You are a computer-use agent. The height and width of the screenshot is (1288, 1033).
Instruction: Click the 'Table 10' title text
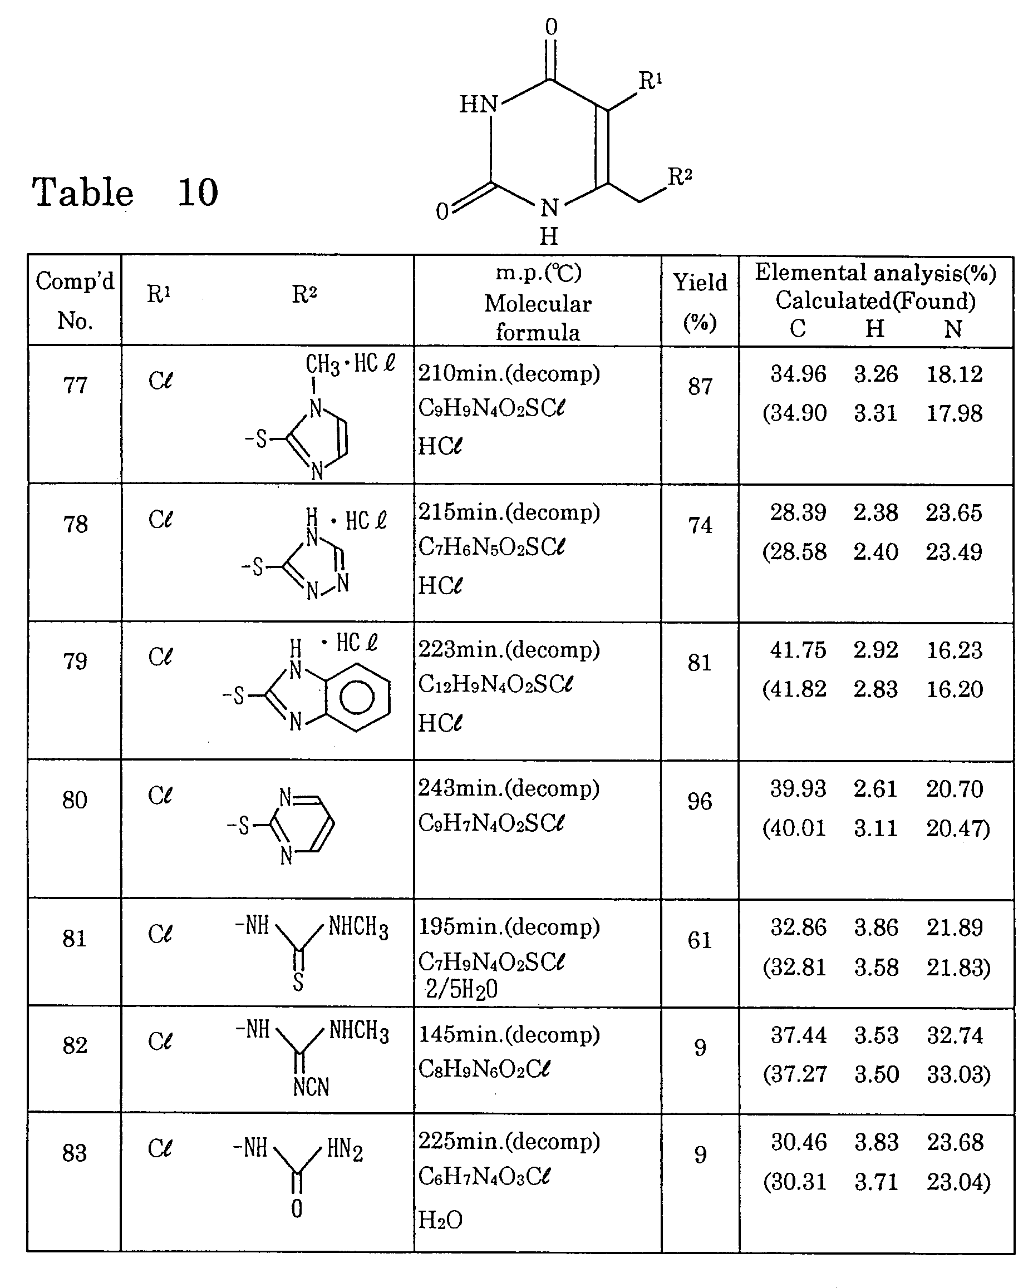click(125, 193)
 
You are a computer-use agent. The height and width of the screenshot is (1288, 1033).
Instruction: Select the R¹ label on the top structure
click(650, 81)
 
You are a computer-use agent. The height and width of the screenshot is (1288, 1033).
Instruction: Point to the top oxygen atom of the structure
click(551, 27)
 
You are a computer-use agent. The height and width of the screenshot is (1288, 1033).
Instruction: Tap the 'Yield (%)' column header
click(700, 301)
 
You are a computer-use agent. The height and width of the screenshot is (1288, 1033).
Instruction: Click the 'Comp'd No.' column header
click(75, 300)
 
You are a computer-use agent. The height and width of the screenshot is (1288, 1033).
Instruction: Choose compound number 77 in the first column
click(75, 386)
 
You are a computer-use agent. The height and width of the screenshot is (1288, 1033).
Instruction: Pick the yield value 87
click(700, 387)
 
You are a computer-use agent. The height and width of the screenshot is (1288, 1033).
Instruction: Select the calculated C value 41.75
click(798, 650)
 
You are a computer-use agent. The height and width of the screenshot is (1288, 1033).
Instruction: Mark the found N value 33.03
click(958, 1074)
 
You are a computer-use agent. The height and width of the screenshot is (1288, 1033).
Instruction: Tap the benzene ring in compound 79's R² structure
click(357, 697)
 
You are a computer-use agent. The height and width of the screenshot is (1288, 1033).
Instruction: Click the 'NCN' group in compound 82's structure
click(311, 1087)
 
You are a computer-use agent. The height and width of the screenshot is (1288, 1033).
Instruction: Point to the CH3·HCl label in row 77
click(350, 363)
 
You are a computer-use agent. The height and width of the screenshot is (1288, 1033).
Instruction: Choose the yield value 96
click(700, 801)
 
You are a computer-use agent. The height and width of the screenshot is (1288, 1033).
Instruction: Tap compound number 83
click(75, 1153)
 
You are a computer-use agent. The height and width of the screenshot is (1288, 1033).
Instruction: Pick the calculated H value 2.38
click(875, 512)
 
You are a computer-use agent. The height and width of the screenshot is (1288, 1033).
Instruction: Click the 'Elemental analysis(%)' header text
click(875, 273)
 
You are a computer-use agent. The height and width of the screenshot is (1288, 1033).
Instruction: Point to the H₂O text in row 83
click(440, 1220)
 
